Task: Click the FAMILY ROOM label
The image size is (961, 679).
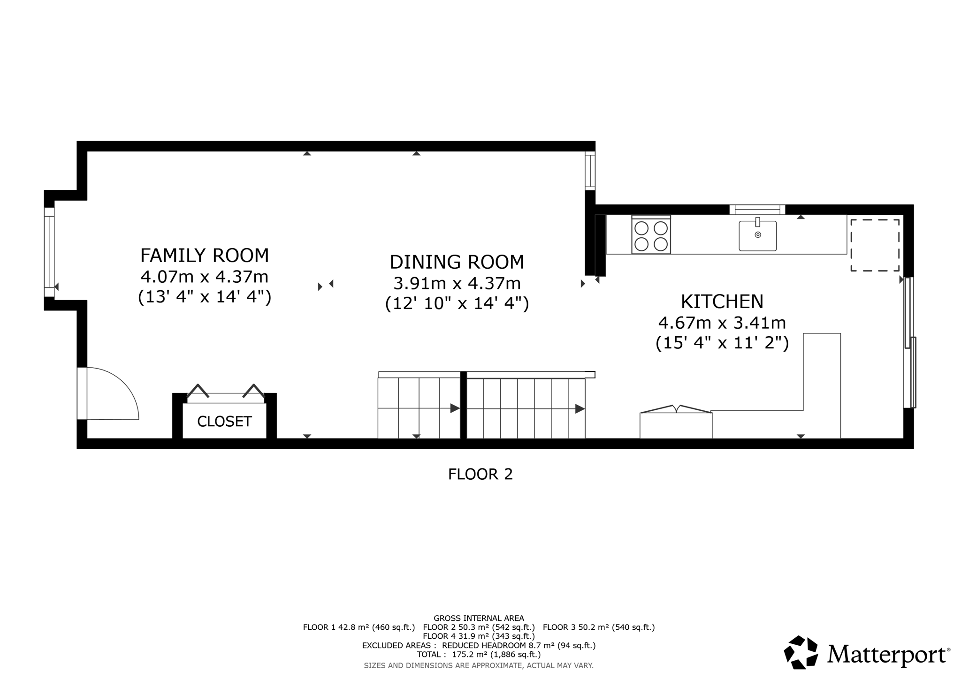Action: click(x=205, y=256)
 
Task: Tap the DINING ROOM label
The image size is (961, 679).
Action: click(x=457, y=262)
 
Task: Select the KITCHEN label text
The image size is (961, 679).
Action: click(x=722, y=302)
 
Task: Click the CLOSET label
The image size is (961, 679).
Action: click(x=224, y=422)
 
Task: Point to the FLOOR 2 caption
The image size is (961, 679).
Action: click(x=480, y=474)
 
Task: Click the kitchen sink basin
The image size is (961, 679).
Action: click(x=757, y=236)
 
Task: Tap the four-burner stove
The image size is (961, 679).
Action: click(x=651, y=236)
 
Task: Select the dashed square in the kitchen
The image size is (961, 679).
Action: click(x=875, y=245)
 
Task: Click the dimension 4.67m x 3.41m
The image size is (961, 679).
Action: click(x=722, y=323)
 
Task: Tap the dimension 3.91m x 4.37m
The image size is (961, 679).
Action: click(x=457, y=283)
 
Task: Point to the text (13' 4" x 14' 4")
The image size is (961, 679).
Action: click(x=205, y=297)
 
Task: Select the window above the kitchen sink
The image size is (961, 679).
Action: click(x=757, y=209)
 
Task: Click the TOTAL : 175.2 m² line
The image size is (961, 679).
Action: click(x=479, y=654)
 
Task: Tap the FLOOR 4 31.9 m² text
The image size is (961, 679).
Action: click(x=479, y=636)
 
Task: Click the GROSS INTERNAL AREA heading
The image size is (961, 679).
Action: click(x=479, y=618)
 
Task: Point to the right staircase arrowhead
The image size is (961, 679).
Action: click(x=580, y=408)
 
